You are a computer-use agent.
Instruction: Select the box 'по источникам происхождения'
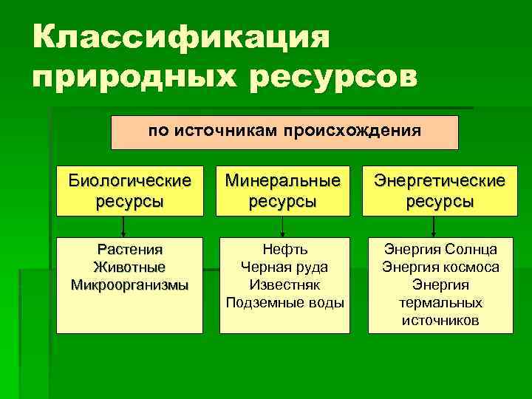(284, 132)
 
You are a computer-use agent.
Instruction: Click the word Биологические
(129, 180)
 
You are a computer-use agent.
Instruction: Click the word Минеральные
(284, 180)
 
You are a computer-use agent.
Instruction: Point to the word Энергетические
(440, 180)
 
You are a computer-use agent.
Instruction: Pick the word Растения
(129, 250)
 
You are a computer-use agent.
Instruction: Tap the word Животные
(129, 267)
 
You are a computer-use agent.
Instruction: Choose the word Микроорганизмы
(129, 284)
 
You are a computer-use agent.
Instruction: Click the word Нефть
(284, 250)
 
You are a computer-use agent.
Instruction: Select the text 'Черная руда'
(284, 267)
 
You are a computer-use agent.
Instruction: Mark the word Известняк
(284, 284)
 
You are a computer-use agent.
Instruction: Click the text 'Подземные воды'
(284, 302)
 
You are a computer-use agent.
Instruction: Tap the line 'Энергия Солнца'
(440, 250)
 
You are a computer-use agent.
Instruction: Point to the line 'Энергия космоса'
(440, 267)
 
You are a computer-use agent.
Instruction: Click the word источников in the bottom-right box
(440, 320)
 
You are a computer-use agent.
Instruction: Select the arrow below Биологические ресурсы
(123, 225)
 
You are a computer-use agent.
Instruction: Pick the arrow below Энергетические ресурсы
(438, 225)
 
